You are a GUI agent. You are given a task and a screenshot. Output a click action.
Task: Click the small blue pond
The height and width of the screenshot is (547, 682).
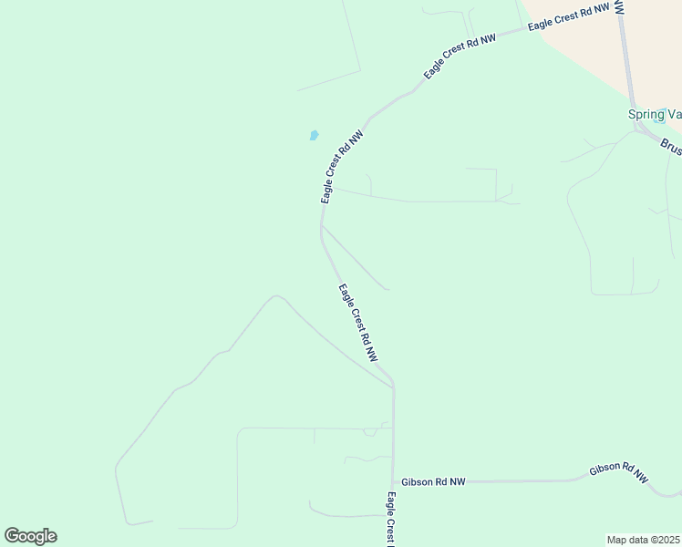click(314, 136)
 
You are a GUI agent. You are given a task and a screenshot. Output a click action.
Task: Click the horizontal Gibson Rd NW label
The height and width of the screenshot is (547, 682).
click(432, 481)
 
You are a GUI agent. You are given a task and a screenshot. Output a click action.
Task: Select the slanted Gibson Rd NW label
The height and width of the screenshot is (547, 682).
click(618, 471)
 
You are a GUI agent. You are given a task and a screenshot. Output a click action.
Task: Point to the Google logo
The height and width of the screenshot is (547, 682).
click(30, 536)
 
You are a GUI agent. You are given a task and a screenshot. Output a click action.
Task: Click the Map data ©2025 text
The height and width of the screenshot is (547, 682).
click(643, 539)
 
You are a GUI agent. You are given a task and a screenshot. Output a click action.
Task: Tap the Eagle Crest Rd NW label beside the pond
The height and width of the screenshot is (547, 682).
click(342, 166)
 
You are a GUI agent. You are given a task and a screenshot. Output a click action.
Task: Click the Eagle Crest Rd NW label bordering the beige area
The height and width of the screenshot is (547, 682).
click(567, 17)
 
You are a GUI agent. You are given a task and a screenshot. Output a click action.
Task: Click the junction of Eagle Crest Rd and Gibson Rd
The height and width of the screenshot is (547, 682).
click(394, 481)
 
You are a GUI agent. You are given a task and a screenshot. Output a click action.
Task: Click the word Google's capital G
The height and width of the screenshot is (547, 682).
click(13, 536)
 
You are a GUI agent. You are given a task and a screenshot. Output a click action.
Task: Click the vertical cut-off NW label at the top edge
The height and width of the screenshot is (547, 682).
click(619, 6)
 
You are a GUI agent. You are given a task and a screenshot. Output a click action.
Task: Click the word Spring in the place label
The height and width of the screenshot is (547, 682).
click(644, 114)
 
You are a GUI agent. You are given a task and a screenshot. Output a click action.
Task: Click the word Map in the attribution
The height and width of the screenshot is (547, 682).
click(617, 539)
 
